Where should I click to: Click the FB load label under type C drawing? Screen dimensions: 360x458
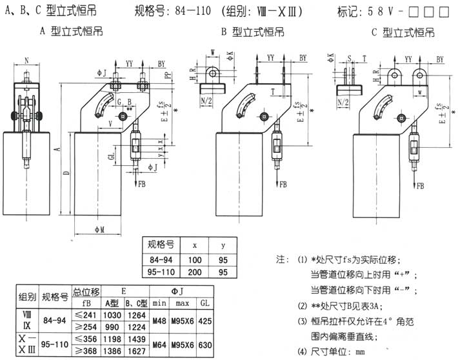[421, 186]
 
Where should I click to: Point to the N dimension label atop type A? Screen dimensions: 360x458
[26, 60]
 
